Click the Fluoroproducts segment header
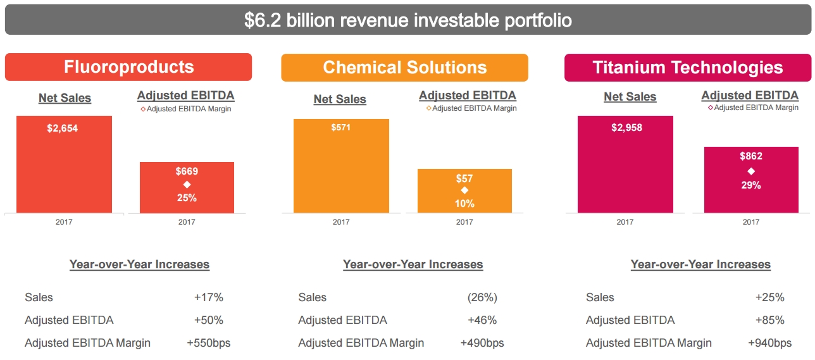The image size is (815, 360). coord(128,67)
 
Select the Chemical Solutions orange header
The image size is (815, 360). coord(404,67)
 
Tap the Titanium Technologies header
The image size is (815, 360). coord(687,67)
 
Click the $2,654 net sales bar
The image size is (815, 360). coord(64,164)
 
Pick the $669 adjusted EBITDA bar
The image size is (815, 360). coord(187,187)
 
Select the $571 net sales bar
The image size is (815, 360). coord(341,166)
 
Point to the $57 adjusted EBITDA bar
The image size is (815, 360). coord(464,190)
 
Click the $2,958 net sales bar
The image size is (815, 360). coord(625,164)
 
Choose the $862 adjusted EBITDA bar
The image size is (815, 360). coord(751,180)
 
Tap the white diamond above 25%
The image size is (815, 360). coord(187,184)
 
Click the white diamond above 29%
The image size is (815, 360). coord(751,171)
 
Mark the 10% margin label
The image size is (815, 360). coord(464,204)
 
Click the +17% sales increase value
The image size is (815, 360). coord(209,297)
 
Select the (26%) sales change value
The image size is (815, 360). coord(482,297)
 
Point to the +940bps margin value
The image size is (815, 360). coord(769,343)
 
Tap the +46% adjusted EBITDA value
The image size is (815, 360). coord(482,320)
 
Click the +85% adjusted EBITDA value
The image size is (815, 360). coord(769,320)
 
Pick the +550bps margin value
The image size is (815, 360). coord(209,343)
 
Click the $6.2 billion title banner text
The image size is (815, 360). coord(407,20)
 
